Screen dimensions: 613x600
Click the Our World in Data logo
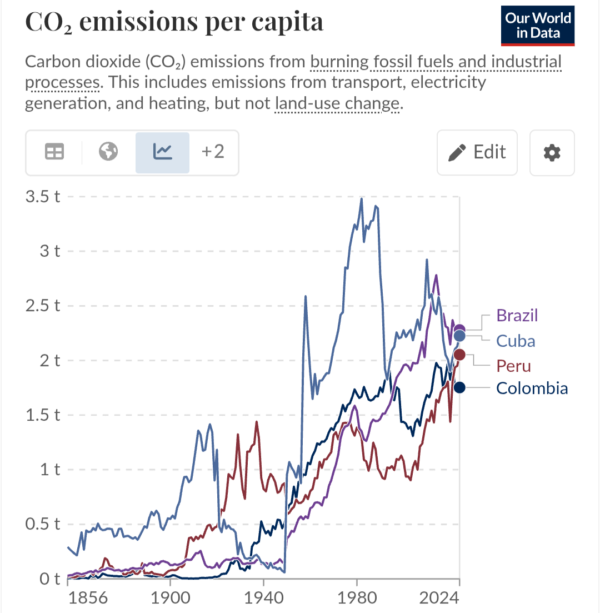pyautogui.click(x=537, y=26)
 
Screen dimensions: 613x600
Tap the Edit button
pyautogui.click(x=477, y=152)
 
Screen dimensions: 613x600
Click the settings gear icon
pyautogui.click(x=552, y=152)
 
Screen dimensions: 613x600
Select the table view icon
pyautogui.click(x=54, y=151)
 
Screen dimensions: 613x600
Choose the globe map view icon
pyautogui.click(x=108, y=151)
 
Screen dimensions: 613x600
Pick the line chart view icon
pyautogui.click(x=163, y=151)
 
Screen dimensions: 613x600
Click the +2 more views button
pyautogui.click(x=213, y=151)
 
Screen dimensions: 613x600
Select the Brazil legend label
pyautogui.click(x=517, y=316)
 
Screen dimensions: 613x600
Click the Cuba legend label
pyautogui.click(x=516, y=341)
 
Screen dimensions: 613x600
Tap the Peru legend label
pyautogui.click(x=513, y=366)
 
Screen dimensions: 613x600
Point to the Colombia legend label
pyautogui.click(x=532, y=388)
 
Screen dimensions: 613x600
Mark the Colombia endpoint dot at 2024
pyautogui.click(x=459, y=387)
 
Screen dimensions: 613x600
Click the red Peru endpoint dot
pyautogui.click(x=460, y=355)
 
